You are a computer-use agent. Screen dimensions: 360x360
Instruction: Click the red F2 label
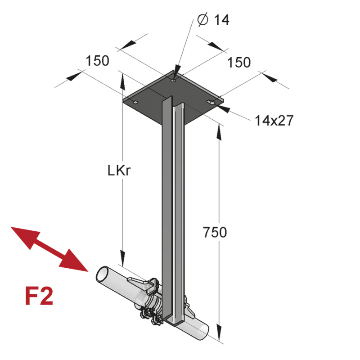coord(39,296)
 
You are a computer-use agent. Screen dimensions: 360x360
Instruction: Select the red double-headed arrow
coord(49,249)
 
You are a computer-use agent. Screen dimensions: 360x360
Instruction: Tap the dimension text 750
coord(215,232)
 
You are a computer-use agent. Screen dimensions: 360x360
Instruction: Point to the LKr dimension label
coord(119,171)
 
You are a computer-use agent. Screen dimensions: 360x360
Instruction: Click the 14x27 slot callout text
coord(274,120)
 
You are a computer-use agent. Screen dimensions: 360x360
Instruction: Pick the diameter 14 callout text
coord(213,19)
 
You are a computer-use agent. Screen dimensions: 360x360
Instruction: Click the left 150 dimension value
coord(97,61)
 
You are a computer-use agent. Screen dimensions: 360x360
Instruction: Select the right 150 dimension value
coord(239,62)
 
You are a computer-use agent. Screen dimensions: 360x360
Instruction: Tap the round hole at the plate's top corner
coord(173,81)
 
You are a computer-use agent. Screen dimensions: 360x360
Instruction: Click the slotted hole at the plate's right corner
coord(211,102)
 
